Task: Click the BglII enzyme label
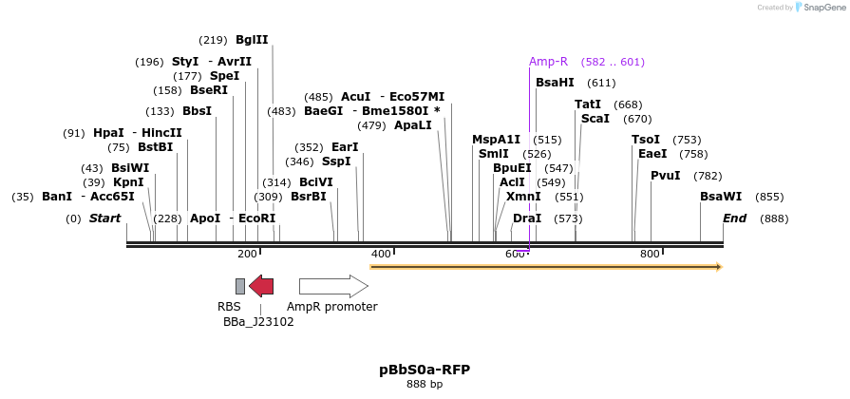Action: pyautogui.click(x=252, y=40)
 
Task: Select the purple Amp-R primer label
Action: pyautogui.click(x=548, y=62)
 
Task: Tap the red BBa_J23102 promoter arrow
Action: pyautogui.click(x=261, y=286)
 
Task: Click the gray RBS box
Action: pyautogui.click(x=240, y=286)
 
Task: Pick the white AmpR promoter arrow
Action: pyautogui.click(x=333, y=286)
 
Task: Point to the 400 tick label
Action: pyautogui.click(x=380, y=254)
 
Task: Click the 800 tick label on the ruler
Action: pyautogui.click(x=650, y=254)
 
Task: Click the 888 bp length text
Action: pyautogui.click(x=425, y=385)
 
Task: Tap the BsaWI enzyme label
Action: pyautogui.click(x=721, y=197)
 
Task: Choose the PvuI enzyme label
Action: pyautogui.click(x=666, y=176)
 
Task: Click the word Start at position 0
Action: pyautogui.click(x=104, y=218)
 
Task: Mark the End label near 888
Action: pyautogui.click(x=734, y=218)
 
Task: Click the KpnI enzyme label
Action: pyautogui.click(x=128, y=182)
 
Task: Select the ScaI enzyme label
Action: pyautogui.click(x=595, y=119)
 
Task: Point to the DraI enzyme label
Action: pyautogui.click(x=527, y=218)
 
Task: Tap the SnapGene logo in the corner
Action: pyautogui.click(x=817, y=8)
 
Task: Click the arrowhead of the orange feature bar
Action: pyautogui.click(x=718, y=267)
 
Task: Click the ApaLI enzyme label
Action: pyautogui.click(x=413, y=125)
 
